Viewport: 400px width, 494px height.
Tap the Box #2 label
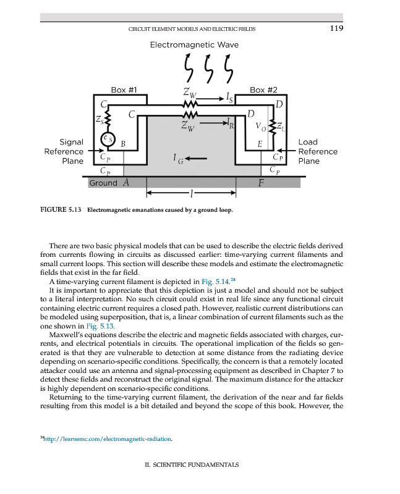262,90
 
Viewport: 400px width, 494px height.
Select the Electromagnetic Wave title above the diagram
194,45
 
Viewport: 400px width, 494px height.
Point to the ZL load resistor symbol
278,127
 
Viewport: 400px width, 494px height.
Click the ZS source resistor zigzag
108,117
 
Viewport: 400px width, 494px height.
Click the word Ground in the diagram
103,183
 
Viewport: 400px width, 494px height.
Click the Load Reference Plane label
318,151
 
